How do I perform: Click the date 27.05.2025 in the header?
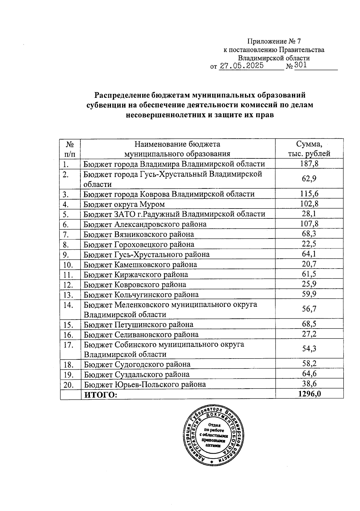point(241,66)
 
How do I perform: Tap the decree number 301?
point(301,65)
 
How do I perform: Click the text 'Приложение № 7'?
point(273,41)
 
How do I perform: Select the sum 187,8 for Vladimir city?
point(309,164)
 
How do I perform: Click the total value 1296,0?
point(309,394)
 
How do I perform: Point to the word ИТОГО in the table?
point(100,395)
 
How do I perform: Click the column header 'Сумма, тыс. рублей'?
point(309,149)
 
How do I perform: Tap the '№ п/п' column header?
point(70,149)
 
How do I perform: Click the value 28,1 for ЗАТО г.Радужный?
point(309,214)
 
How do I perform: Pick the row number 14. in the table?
point(68,305)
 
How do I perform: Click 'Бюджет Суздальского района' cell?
point(136,374)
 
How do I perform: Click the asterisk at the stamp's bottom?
point(212,462)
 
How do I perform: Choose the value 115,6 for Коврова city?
point(309,194)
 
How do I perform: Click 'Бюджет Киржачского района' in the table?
point(136,275)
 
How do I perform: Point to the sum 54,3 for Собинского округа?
point(309,349)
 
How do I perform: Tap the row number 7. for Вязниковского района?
point(66,235)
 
